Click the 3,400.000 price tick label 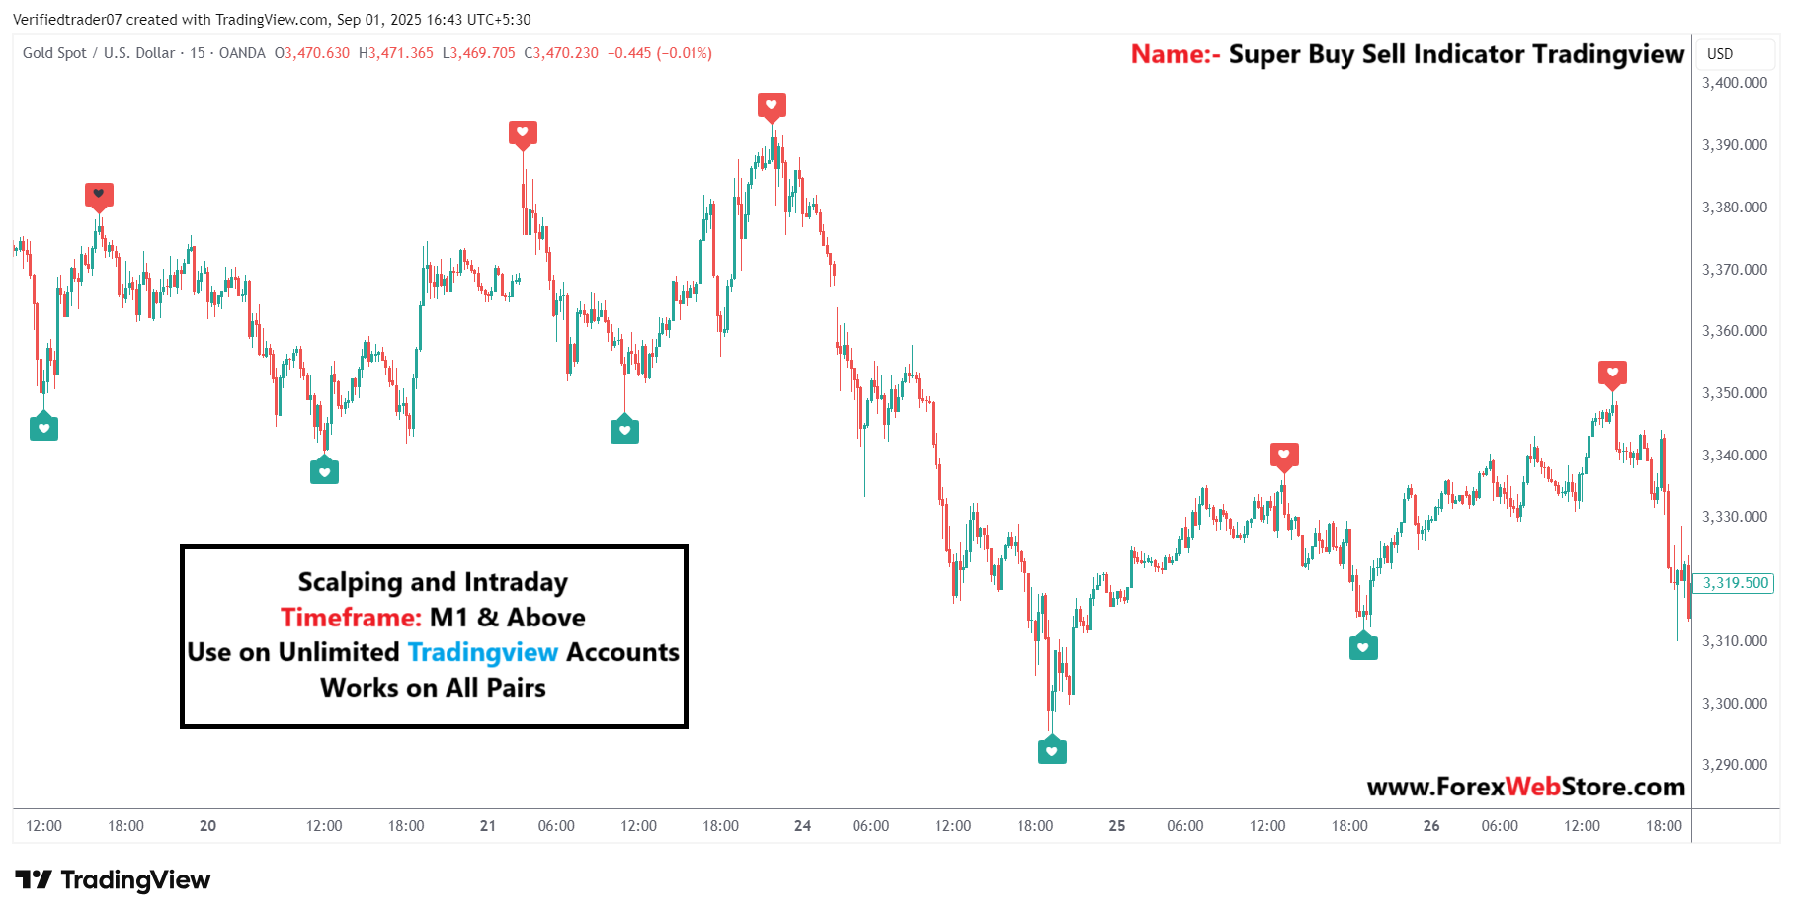pyautogui.click(x=1734, y=83)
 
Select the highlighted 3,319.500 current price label pyautogui.click(x=1734, y=583)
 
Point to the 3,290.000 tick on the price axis pyautogui.click(x=1734, y=765)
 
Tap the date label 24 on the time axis pyautogui.click(x=802, y=826)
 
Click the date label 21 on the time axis pyautogui.click(x=488, y=826)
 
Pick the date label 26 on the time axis pyautogui.click(x=1431, y=826)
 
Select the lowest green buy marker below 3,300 pyautogui.click(x=1052, y=751)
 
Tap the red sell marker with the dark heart pyautogui.click(x=99, y=195)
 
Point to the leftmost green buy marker pyautogui.click(x=43, y=428)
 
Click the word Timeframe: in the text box pyautogui.click(x=351, y=618)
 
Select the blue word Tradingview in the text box pyautogui.click(x=483, y=653)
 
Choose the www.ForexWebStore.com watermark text pyautogui.click(x=1525, y=787)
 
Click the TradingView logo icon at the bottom pyautogui.click(x=33, y=879)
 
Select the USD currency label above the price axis pyautogui.click(x=1720, y=54)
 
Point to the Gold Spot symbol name pyautogui.click(x=54, y=53)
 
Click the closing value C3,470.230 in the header pyautogui.click(x=561, y=53)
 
